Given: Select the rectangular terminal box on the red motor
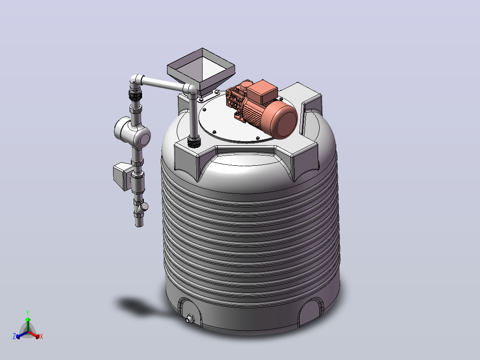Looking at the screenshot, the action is [262, 91].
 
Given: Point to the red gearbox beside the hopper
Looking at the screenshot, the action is [236, 98].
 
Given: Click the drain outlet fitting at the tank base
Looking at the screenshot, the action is [190, 319].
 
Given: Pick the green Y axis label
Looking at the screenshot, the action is [28, 313].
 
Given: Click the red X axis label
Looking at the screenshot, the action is [41, 336].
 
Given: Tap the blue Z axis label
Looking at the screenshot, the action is [14, 336].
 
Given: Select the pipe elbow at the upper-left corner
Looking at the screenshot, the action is [136, 81].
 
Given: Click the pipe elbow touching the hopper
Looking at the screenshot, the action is [191, 90].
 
